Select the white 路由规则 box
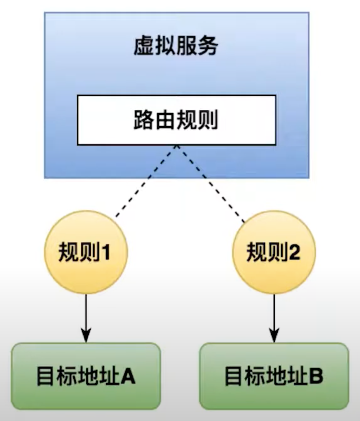tap(176, 120)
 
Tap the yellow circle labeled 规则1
tap(86, 253)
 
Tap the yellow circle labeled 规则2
tap(274, 253)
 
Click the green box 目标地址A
tap(86, 376)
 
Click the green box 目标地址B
tap(274, 376)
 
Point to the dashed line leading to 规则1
tap(145, 182)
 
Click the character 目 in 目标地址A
tap(44, 377)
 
